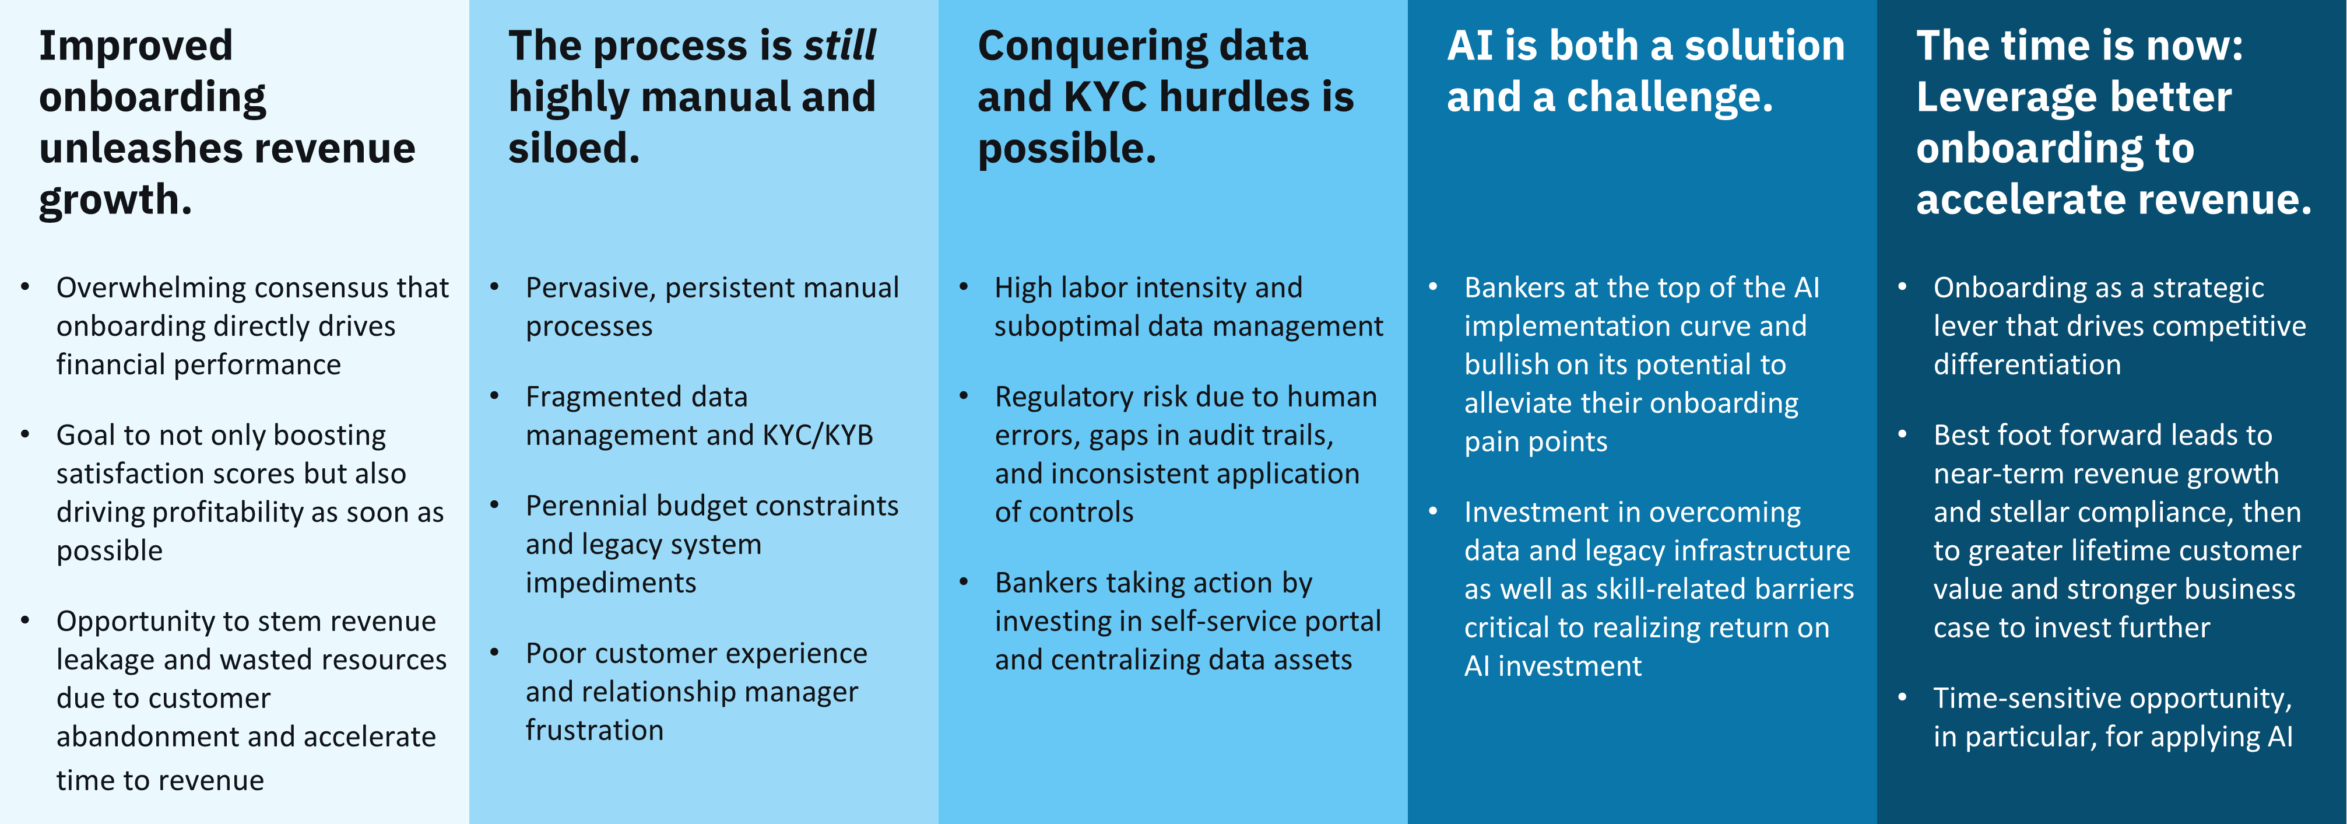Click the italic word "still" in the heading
click(839, 45)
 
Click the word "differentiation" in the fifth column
click(2027, 364)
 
